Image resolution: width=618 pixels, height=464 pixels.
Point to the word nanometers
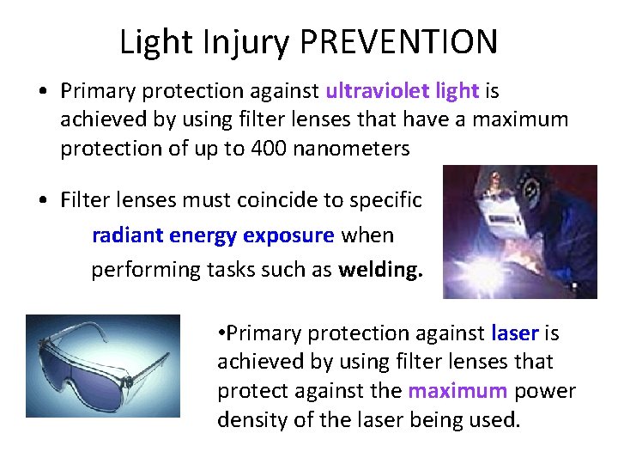click(351, 148)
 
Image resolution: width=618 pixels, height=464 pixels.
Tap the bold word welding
click(381, 269)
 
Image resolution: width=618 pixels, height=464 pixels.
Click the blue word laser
click(515, 333)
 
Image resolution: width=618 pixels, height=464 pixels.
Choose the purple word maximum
click(457, 391)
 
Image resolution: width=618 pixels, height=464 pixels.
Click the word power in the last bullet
click(544, 391)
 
